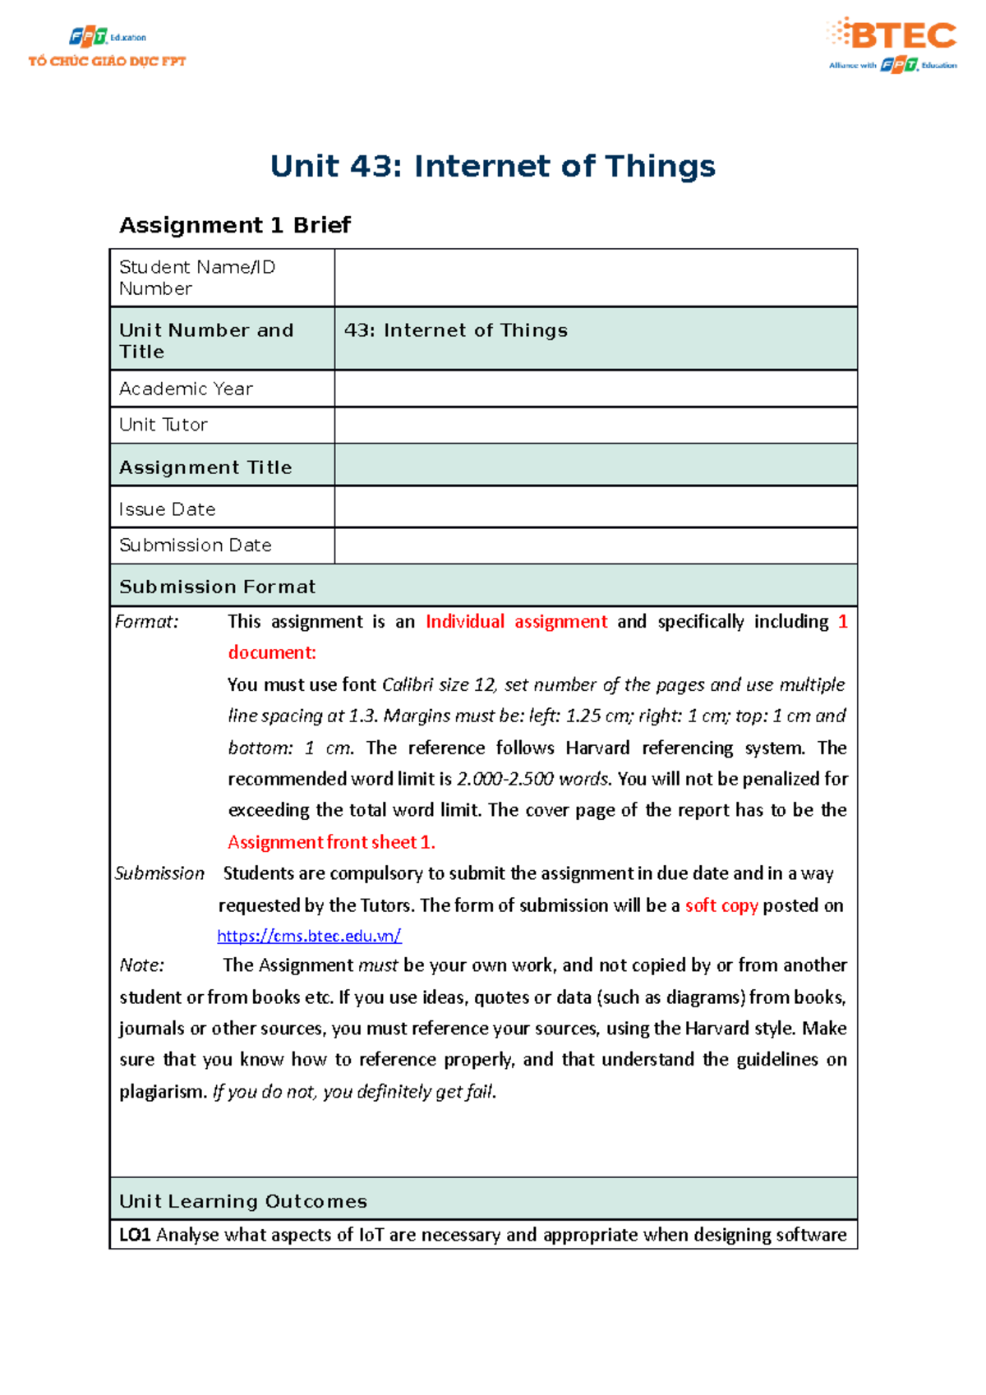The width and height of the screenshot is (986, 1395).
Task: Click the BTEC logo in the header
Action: [x=893, y=44]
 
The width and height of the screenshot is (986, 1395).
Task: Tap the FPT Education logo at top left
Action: [x=107, y=48]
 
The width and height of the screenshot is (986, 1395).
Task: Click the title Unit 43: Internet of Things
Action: [x=492, y=166]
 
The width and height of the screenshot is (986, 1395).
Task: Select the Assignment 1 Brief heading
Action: [x=235, y=225]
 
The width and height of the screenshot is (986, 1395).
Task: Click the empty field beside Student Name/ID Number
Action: [x=595, y=278]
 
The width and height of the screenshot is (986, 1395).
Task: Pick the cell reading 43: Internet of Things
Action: [x=456, y=330]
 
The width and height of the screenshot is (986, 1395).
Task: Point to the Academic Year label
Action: [x=186, y=389]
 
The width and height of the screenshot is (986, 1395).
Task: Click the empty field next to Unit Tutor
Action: [x=595, y=425]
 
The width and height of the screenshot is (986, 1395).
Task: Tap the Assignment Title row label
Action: [x=205, y=467]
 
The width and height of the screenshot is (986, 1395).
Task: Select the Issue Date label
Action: [x=167, y=509]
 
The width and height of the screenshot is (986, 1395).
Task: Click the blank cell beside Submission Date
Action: [x=595, y=546]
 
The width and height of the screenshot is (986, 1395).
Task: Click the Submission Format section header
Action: [x=217, y=587]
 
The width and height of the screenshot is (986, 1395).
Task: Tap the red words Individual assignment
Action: [x=516, y=622]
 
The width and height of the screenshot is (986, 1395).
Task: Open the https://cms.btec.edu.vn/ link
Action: [x=309, y=936]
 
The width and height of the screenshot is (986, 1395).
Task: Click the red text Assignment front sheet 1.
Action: [x=331, y=842]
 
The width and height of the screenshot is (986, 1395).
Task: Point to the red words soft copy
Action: [x=721, y=905]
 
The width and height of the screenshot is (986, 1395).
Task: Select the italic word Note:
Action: [x=141, y=965]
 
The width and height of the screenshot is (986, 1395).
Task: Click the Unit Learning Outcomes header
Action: [x=243, y=1201]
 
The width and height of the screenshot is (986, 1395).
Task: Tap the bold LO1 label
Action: [x=135, y=1235]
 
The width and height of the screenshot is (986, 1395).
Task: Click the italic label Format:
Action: [x=146, y=622]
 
